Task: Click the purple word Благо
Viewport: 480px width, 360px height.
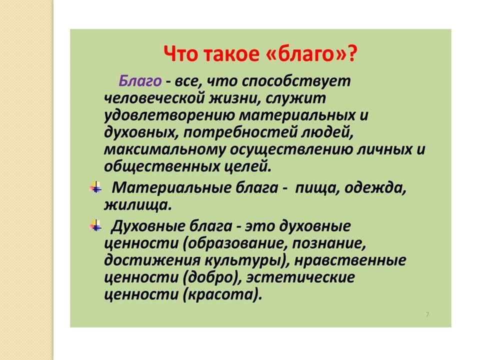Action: (x=139, y=81)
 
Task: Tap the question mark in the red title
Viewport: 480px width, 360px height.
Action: (x=352, y=53)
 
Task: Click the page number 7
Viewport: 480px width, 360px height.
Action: (x=427, y=314)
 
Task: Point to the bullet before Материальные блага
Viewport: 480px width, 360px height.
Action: (x=95, y=187)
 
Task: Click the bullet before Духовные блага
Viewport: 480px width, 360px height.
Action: (x=95, y=225)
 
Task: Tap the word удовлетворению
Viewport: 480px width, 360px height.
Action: (x=169, y=115)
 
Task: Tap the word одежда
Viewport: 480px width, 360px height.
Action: (x=375, y=187)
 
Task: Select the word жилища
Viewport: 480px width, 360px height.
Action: (x=137, y=205)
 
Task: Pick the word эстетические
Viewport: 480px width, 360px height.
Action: (x=300, y=277)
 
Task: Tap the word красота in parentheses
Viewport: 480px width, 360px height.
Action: (x=220, y=294)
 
